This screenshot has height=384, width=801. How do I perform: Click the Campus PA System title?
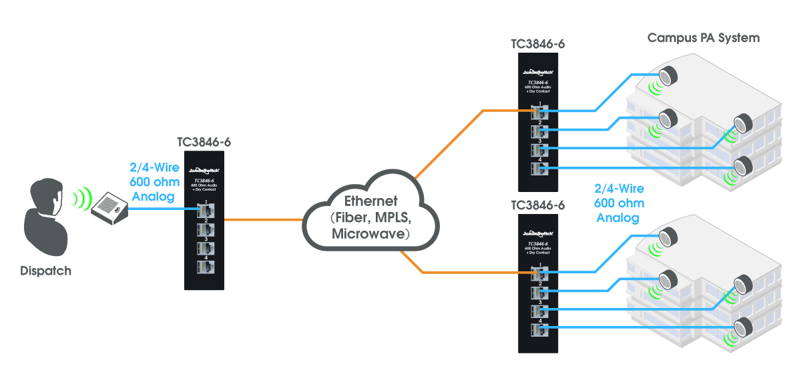click(x=704, y=38)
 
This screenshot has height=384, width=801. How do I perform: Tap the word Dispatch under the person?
click(x=45, y=271)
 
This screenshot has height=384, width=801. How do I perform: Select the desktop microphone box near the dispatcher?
click(x=107, y=207)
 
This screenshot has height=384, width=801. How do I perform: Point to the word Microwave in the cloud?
click(x=370, y=234)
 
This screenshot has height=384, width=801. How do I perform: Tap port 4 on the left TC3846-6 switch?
click(x=205, y=267)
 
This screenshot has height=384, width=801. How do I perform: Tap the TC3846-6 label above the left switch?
click(x=204, y=142)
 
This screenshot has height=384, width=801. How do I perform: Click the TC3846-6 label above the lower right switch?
click(x=538, y=205)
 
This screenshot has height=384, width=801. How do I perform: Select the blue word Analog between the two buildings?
click(x=617, y=217)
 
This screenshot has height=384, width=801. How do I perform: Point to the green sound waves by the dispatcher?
click(x=81, y=198)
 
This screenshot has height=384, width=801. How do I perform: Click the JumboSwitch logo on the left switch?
click(x=204, y=169)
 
